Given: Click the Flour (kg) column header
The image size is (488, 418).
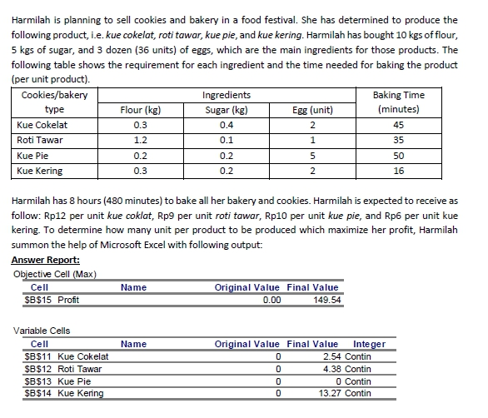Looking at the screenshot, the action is [140, 109].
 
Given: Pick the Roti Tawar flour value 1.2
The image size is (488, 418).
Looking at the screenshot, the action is [140, 140].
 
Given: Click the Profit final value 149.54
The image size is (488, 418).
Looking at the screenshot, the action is [325, 300].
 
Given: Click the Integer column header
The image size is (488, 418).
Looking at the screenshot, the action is [369, 344].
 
